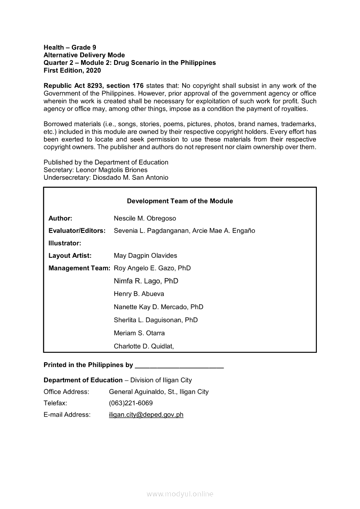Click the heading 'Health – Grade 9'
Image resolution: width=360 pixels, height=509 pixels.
[x=70, y=47]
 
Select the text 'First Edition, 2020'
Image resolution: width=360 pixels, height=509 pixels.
[x=72, y=71]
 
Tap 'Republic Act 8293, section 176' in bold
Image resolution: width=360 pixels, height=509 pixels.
[x=94, y=86]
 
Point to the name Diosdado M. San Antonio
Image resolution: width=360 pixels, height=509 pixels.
[x=131, y=178]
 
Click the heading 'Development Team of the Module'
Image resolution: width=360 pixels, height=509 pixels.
[x=180, y=201]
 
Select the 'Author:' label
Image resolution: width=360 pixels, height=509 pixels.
[x=60, y=218]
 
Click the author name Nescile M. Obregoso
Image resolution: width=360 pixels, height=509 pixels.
[x=145, y=218]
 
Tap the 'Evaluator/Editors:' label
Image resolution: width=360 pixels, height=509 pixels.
[x=77, y=231]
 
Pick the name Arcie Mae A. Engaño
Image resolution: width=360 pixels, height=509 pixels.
[x=223, y=231]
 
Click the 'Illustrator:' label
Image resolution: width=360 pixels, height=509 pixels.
[x=65, y=243]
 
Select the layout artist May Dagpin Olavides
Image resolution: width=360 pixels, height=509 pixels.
[x=145, y=256]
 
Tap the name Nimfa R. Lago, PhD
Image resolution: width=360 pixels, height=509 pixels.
[x=146, y=281]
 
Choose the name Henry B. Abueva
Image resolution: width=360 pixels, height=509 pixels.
[x=139, y=294]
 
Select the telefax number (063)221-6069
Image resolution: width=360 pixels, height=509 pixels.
[x=131, y=403]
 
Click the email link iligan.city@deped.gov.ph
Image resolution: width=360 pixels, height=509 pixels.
[x=146, y=415]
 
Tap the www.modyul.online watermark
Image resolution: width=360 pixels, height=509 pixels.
[x=180, y=494]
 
